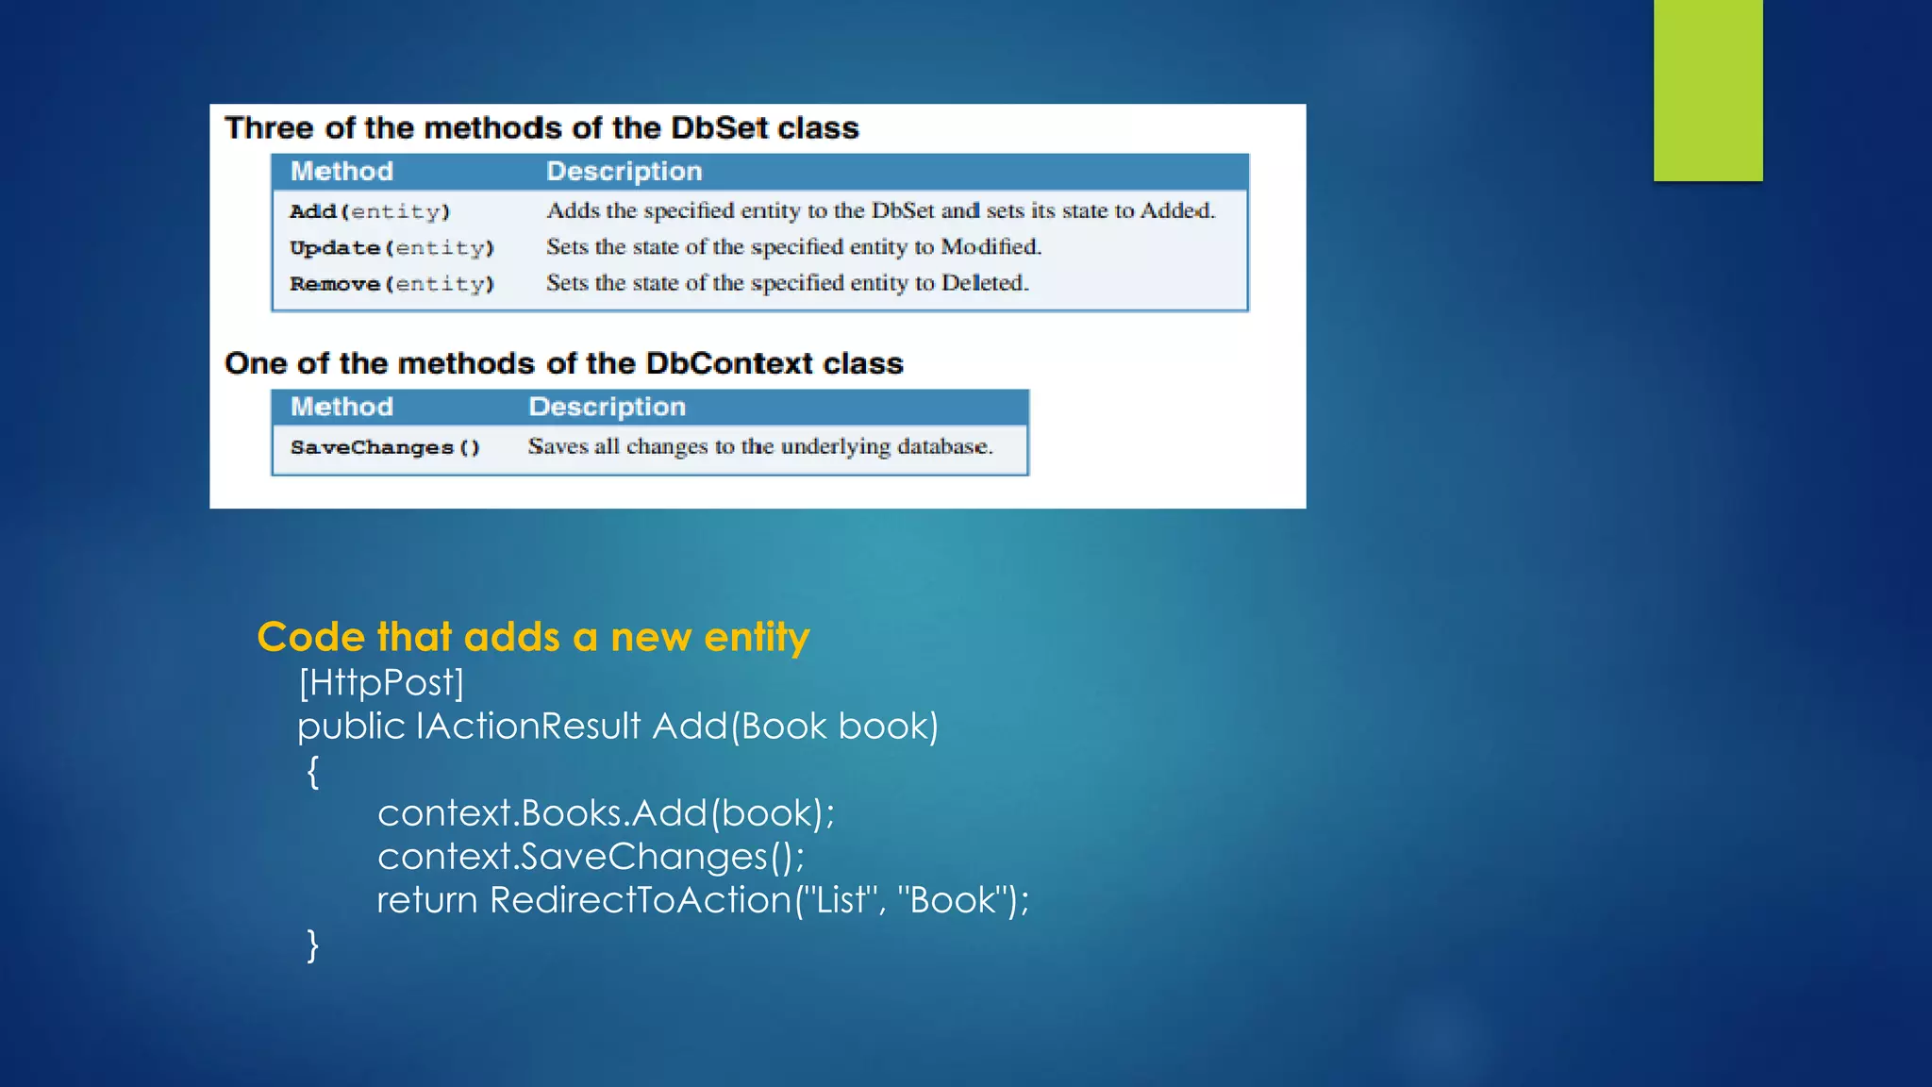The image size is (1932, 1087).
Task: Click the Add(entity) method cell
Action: point(370,211)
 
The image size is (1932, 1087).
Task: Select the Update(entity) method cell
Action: point(391,248)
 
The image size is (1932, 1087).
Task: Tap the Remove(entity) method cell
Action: point(391,284)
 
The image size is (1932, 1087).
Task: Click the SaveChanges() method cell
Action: point(385,447)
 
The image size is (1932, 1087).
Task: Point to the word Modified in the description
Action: point(991,247)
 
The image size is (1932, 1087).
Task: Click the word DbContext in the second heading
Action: point(728,363)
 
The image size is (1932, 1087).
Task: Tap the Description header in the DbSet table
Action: point(624,172)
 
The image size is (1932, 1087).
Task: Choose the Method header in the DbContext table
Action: point(341,407)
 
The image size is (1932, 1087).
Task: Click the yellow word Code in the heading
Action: point(310,638)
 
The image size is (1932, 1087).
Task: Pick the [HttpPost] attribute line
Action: point(381,682)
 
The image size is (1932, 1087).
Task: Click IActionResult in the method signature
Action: point(527,727)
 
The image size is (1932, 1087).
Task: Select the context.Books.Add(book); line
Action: point(606,813)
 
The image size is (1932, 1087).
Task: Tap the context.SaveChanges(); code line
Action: point(591,857)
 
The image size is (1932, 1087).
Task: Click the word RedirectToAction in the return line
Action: point(640,900)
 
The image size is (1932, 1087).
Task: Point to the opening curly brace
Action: point(313,771)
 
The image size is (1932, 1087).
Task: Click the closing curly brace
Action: point(313,945)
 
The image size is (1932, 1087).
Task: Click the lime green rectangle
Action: point(1707,90)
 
